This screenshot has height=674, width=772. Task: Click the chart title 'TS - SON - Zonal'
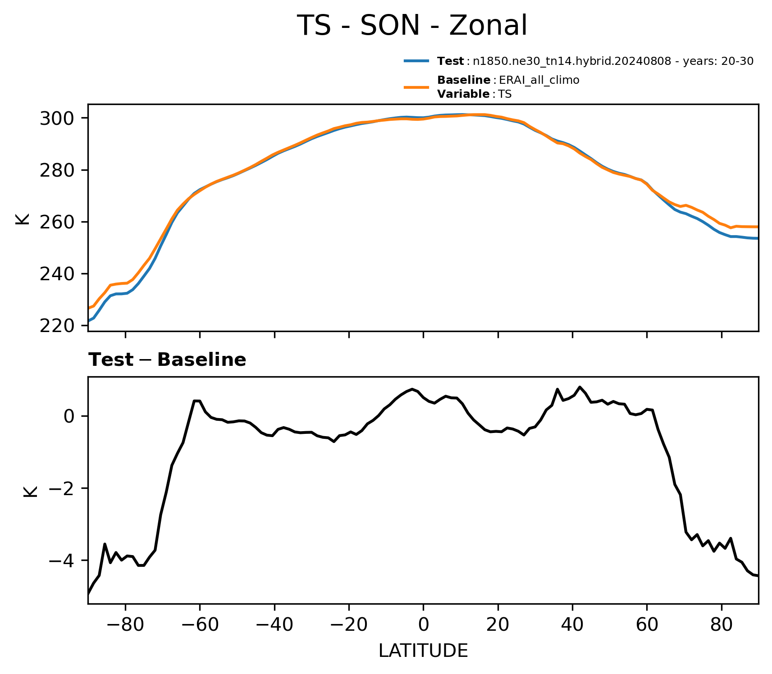(412, 26)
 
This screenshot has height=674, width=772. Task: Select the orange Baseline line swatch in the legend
(416, 87)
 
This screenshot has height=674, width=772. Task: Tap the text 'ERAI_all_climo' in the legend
(539, 81)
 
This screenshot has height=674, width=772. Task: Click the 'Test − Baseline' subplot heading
(167, 360)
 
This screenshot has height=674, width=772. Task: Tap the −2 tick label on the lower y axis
(61, 488)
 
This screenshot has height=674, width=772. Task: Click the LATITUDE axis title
(423, 651)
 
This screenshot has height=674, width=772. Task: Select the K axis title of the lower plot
(30, 491)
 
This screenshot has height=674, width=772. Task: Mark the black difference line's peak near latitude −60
(196, 401)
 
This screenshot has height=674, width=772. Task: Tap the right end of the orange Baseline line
(758, 227)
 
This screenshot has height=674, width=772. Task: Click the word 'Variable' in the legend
(463, 94)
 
